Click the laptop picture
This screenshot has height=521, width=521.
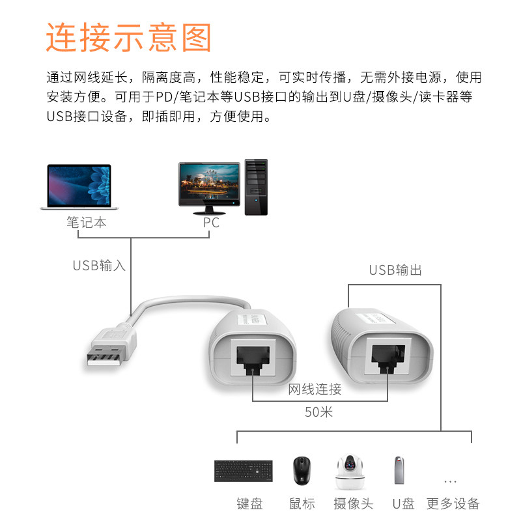[x=79, y=186]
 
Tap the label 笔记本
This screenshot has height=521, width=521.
[x=87, y=223]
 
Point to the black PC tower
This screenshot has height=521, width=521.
[x=255, y=187]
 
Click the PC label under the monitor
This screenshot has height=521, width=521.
[x=211, y=223]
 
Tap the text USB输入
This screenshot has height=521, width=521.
[x=99, y=266]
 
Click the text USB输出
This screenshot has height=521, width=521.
[x=395, y=270]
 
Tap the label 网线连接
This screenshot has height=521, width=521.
[x=315, y=389]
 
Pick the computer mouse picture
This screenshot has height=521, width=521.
[x=302, y=470]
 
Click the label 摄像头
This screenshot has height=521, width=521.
[x=353, y=503]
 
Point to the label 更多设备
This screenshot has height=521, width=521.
[x=453, y=503]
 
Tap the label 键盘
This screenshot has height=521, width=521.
[x=249, y=503]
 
